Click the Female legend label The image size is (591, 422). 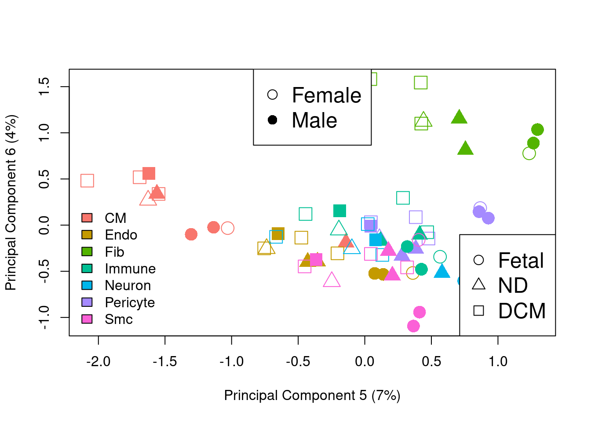326,95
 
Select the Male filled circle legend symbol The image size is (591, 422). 273,120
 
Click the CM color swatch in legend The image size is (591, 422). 87,218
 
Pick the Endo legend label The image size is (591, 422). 121,235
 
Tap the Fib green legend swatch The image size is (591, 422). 87,251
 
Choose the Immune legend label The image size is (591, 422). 130,269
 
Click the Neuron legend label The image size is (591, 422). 128,285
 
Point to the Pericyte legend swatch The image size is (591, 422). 87,302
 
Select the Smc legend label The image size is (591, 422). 119,319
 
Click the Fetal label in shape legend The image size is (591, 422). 521,260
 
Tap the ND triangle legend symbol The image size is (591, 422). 479,284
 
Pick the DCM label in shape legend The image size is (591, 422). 522,311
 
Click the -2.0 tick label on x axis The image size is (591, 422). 98,361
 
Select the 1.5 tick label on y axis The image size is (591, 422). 44,87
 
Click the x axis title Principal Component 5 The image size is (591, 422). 312,395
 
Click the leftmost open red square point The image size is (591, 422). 87,181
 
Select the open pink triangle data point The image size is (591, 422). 332,280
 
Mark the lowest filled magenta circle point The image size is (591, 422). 413,326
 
